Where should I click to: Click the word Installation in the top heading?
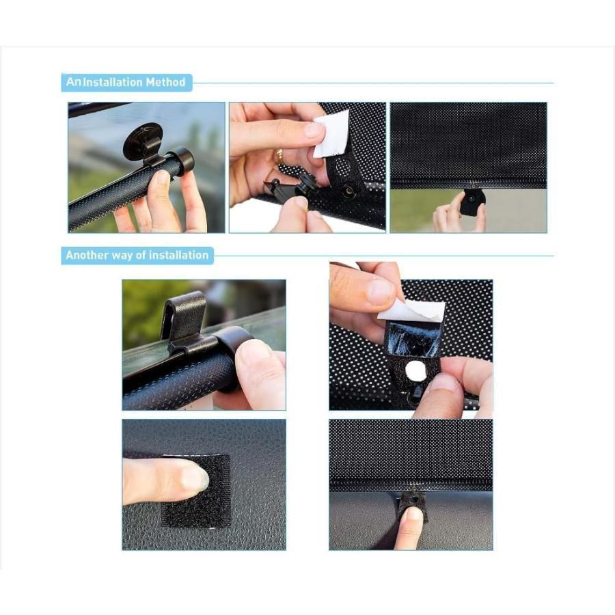tap(113, 83)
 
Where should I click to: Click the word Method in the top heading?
tap(165, 83)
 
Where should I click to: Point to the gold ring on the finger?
tap(279, 156)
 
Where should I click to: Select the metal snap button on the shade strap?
tap(348, 192)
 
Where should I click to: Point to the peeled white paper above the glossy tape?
tap(411, 312)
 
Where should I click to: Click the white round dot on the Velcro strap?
tap(415, 371)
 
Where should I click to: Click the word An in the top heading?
tap(73, 82)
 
